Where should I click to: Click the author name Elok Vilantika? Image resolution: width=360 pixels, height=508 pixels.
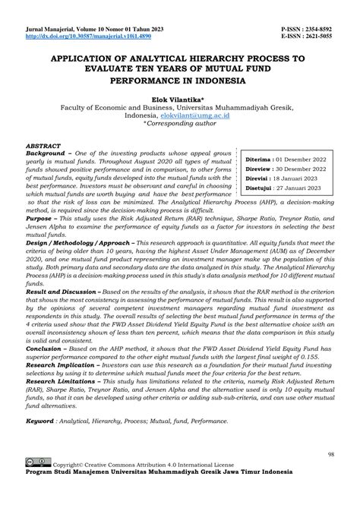coord(180,98)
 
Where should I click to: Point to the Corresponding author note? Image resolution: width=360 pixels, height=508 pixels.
coord(182,126)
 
